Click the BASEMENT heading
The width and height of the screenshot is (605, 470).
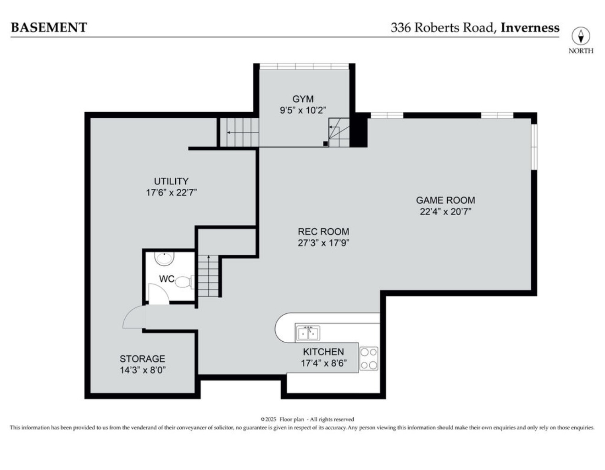click(x=49, y=27)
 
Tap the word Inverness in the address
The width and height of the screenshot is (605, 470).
click(x=530, y=27)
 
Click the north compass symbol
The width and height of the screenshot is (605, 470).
click(x=580, y=36)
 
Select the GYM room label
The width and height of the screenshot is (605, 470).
click(x=303, y=99)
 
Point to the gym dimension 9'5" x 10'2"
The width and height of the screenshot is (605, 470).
click(x=303, y=110)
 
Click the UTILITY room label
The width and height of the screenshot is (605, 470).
click(x=171, y=181)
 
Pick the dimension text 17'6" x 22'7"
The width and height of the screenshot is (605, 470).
click(x=171, y=192)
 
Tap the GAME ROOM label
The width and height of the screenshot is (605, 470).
click(x=445, y=200)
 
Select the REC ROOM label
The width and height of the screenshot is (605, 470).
click(x=323, y=231)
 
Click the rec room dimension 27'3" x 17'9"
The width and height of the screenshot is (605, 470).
click(x=323, y=243)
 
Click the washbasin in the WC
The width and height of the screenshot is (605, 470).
click(x=164, y=259)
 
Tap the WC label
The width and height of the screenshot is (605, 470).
click(x=166, y=279)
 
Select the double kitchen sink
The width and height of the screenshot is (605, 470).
click(x=308, y=333)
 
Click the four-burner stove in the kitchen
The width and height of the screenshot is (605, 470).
click(x=369, y=358)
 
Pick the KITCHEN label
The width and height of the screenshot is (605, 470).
click(x=323, y=352)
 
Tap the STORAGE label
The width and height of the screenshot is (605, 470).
click(x=142, y=359)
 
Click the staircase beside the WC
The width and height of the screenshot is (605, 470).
click(x=209, y=276)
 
